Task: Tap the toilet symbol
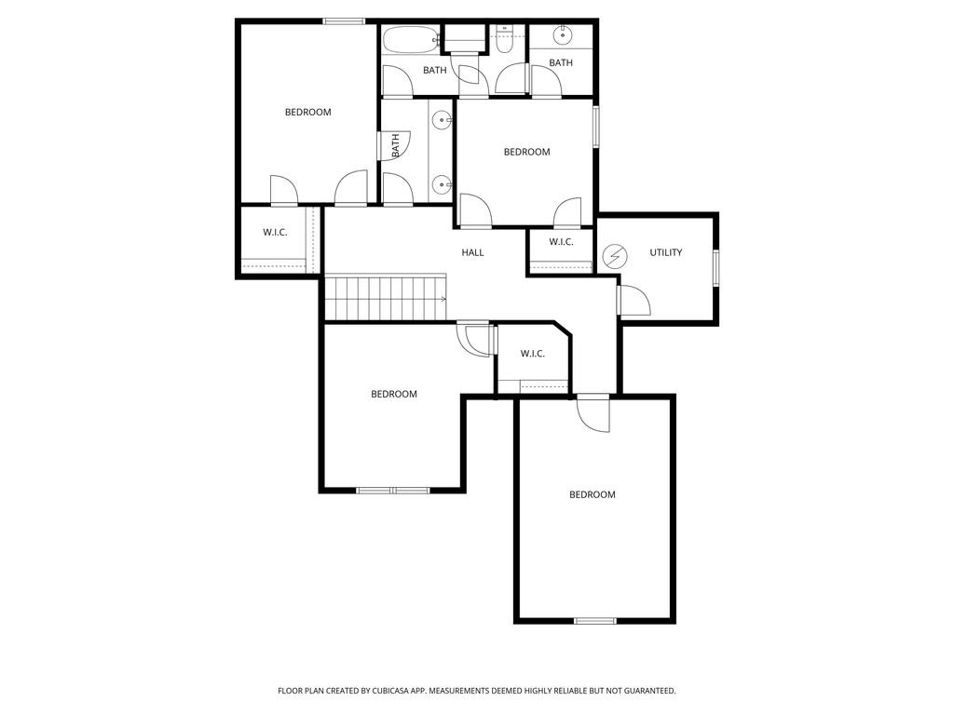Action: coord(504,39)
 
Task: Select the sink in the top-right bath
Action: coord(563,36)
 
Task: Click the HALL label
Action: coord(472,252)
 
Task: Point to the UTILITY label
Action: coord(666,252)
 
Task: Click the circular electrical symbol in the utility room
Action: coord(615,256)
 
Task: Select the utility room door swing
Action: coord(634,300)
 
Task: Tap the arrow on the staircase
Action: coord(442,299)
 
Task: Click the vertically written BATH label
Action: coord(396,145)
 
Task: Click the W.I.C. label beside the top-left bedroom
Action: coord(275,232)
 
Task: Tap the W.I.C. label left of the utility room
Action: coord(561,242)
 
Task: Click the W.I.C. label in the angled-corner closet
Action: coord(532,354)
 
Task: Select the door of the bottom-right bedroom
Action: coord(593,412)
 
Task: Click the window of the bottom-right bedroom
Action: coord(595,620)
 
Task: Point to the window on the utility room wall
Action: coord(716,267)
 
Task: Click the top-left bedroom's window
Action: coord(344,21)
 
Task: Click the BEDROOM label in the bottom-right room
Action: coord(593,494)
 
